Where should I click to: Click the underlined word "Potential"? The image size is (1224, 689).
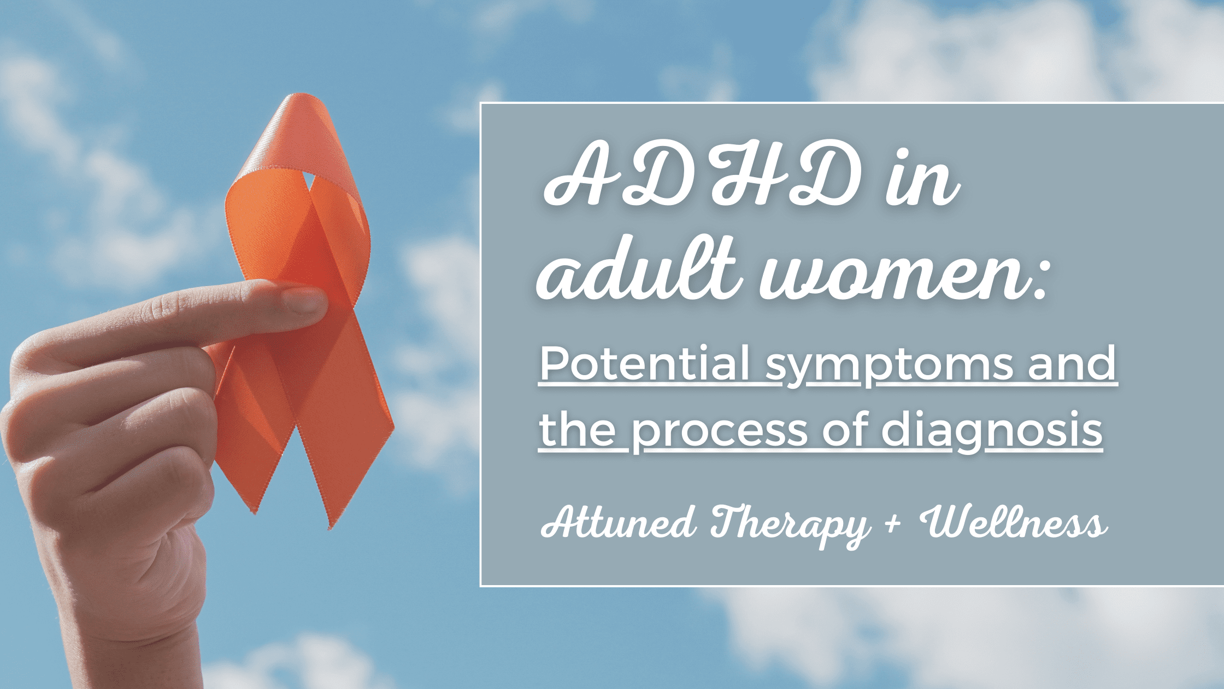pyautogui.click(x=645, y=364)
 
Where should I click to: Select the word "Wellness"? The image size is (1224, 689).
pyautogui.click(x=1014, y=522)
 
